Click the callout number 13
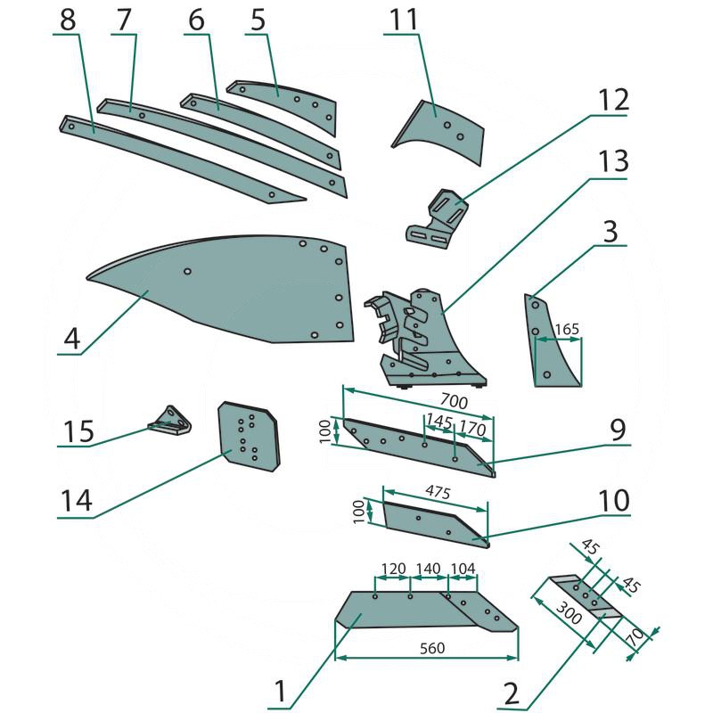(x=613, y=161)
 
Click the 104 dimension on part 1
(x=463, y=569)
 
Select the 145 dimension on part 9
(x=438, y=419)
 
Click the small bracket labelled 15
(x=171, y=419)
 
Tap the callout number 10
(x=613, y=499)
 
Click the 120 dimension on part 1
(x=392, y=569)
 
